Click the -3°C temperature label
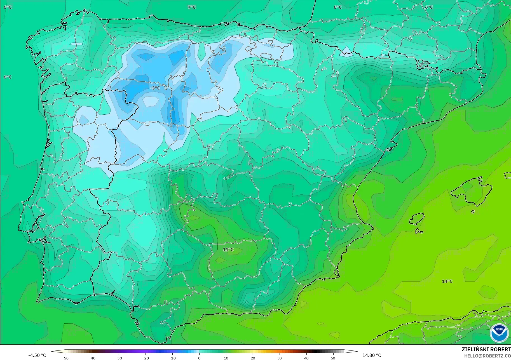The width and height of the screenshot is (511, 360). coord(155,88)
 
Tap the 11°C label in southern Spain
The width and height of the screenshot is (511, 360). coord(228,250)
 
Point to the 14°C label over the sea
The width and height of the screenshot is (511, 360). coord(447,281)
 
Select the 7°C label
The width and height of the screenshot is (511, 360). coord(192,7)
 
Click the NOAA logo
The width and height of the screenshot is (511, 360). coord(499,333)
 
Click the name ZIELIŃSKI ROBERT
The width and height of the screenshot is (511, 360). coord(486,349)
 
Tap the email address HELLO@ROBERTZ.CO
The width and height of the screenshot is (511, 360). coord(487,356)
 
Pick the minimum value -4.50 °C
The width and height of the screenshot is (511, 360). coord(37,355)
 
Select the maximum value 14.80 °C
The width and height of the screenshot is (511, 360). coord(372,355)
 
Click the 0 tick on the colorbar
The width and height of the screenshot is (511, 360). coord(199,358)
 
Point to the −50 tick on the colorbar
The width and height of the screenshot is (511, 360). coord(65,358)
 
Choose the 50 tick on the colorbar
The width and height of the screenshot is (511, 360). coord(333,358)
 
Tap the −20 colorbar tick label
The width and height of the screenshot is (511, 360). coord(145,358)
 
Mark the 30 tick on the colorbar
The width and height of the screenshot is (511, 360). coord(280,358)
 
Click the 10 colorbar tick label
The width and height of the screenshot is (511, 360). coord(226,358)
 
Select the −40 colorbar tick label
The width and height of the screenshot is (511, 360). coord(92,358)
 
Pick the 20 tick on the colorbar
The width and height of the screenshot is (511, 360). coord(253,358)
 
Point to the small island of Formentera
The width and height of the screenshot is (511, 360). coord(419,231)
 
